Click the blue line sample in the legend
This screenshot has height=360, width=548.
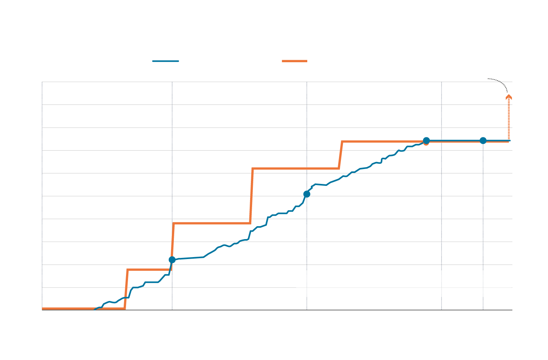tap(166, 61)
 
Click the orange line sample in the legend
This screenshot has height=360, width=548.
tap(294, 61)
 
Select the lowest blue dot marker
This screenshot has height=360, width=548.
tap(172, 260)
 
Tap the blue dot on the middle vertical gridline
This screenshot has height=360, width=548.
tap(307, 194)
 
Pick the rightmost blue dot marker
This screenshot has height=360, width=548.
tap(483, 140)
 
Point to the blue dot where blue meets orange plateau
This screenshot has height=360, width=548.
tap(426, 140)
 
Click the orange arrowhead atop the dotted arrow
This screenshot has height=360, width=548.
tap(509, 97)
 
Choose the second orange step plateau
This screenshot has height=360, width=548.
tap(211, 223)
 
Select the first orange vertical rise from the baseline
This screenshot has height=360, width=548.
tap(126, 290)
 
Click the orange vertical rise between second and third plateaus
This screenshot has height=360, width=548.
tap(251, 196)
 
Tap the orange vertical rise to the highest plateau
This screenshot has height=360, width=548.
tap(341, 155)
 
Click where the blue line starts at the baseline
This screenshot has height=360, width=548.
tap(95, 309)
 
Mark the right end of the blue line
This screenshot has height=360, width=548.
tap(509, 140)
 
